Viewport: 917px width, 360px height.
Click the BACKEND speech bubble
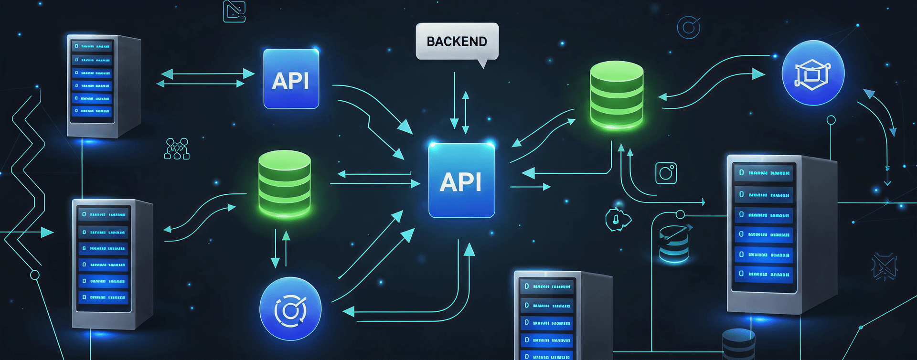point(457,42)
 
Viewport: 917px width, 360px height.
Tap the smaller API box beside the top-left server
point(291,79)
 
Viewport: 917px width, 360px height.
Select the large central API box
point(461,181)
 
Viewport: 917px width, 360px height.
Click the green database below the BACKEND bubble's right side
point(617,95)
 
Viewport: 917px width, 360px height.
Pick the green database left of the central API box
point(285,184)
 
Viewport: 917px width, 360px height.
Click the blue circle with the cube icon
point(813,73)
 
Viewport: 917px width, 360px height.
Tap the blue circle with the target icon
point(290,309)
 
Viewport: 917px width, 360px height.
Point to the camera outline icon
point(666,173)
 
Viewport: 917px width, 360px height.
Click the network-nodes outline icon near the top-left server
point(177,148)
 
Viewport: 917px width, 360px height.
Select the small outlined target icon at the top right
point(689,28)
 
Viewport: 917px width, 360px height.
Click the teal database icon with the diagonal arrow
point(674,244)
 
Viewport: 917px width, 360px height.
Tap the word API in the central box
point(460,182)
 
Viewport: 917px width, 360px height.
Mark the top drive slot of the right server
point(764,173)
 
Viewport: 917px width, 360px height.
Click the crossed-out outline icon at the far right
point(884,266)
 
